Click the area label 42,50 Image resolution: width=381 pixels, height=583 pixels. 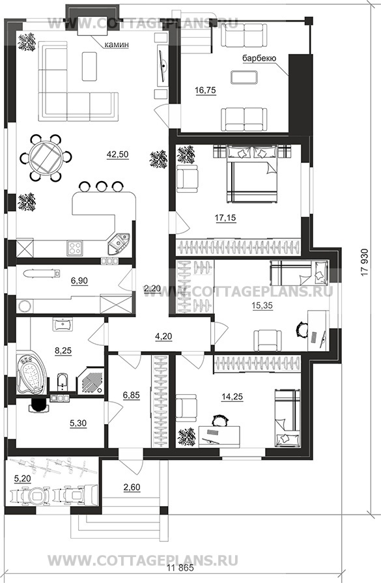coord(117,154)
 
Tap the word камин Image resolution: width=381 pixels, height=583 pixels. coord(117,44)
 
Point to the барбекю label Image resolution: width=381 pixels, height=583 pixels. coord(259,58)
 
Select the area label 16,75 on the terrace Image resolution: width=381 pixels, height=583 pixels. coord(206,90)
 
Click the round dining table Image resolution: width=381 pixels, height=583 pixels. coord(45,157)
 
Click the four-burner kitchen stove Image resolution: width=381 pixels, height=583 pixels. coord(75,248)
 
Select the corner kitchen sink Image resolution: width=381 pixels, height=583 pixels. coord(118,243)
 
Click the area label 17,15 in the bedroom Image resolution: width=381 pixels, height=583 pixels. coord(225,218)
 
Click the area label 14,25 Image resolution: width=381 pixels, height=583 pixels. coord(232,397)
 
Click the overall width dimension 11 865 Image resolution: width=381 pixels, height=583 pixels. coord(180,568)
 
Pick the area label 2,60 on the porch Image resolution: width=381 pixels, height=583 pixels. coord(132,487)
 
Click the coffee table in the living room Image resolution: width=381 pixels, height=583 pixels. coord(89,66)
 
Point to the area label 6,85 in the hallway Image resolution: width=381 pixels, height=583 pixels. coord(131,395)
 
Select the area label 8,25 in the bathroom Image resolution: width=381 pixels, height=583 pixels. coord(63,350)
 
